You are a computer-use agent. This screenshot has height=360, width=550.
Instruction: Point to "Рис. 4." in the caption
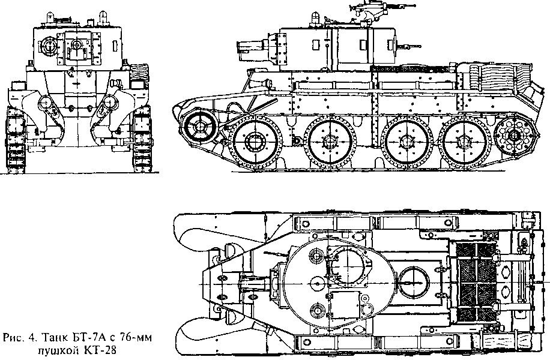point(20,338)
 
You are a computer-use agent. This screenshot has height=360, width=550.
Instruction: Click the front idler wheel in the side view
point(199,125)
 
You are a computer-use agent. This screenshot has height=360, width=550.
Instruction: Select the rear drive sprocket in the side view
point(514,135)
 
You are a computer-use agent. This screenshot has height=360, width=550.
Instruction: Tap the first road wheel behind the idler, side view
point(255,142)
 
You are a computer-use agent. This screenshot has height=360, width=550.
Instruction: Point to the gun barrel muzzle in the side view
point(240,47)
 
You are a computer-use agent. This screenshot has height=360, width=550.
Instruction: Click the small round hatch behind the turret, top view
point(414,282)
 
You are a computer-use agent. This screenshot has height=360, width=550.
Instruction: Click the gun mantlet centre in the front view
point(76,44)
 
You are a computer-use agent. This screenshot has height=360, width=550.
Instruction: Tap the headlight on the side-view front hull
point(267,84)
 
